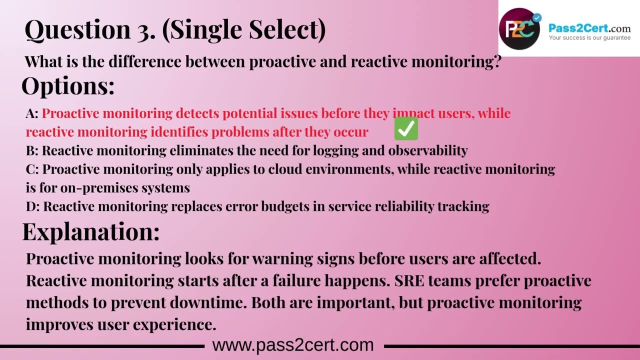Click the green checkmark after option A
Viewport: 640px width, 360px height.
[x=406, y=129]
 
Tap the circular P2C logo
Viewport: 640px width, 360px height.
[x=519, y=29]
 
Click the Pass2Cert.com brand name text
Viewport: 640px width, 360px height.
[x=589, y=28]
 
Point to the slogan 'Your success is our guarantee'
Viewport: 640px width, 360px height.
[x=589, y=37]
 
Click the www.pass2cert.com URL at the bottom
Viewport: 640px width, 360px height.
[x=293, y=345]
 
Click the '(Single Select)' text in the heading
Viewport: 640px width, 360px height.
[x=244, y=30]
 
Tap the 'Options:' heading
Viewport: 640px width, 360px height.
[x=68, y=86]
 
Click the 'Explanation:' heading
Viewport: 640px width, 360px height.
[x=91, y=232]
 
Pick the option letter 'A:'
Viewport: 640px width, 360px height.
[x=32, y=113]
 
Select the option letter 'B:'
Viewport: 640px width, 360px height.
[x=32, y=150]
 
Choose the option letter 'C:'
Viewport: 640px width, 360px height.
[x=32, y=169]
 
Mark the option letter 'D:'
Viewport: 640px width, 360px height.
[x=32, y=206]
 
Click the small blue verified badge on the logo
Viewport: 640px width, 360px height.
[x=537, y=18]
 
